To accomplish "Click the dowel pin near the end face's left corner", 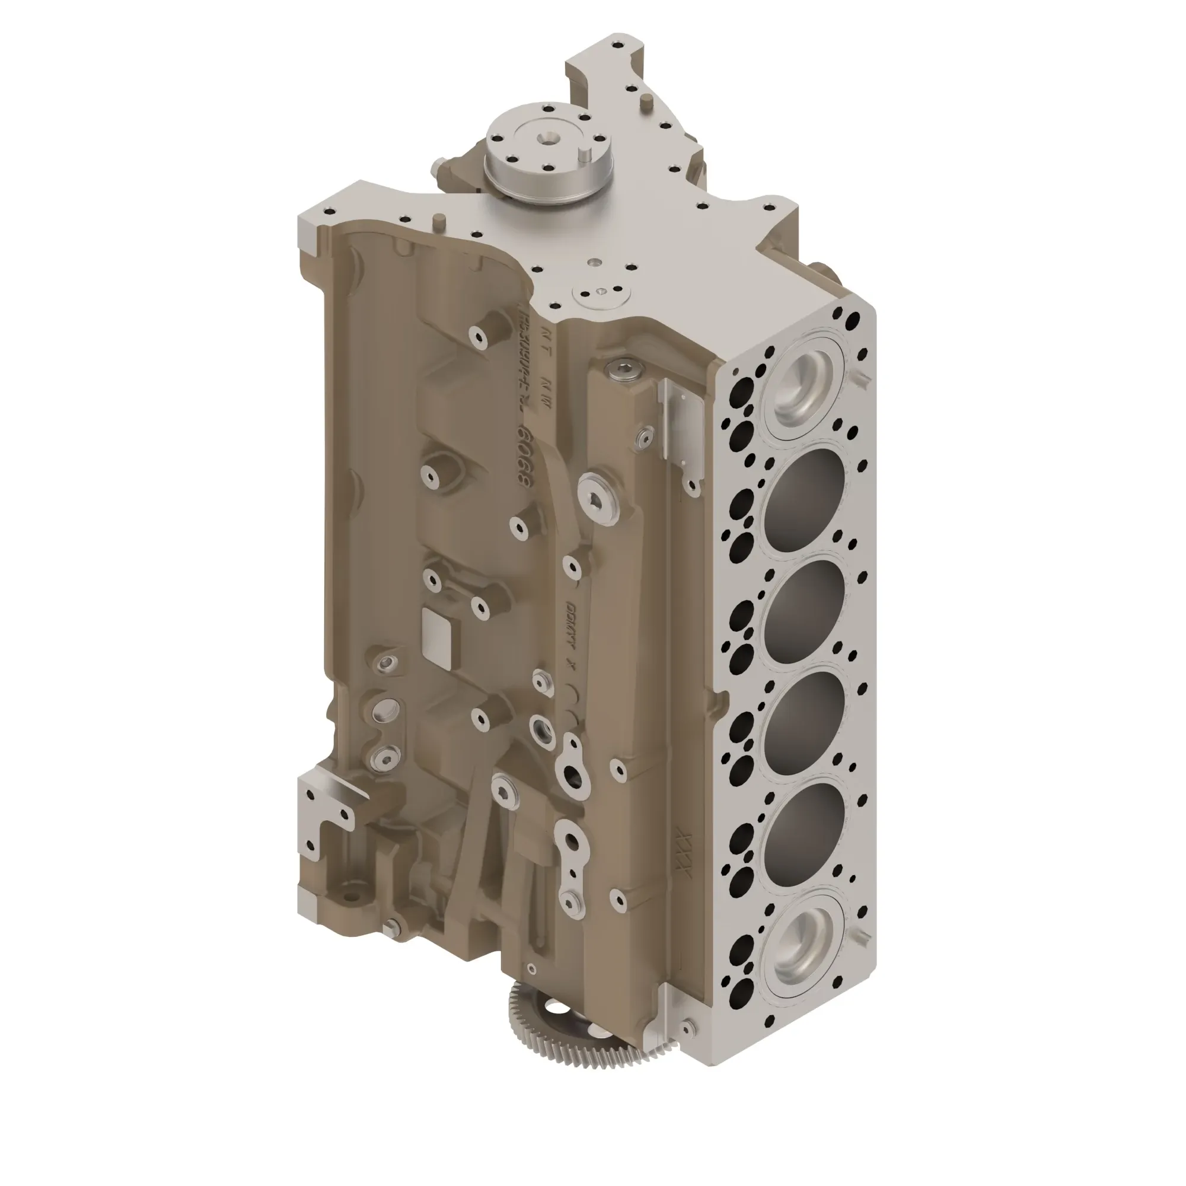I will coord(438,221).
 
